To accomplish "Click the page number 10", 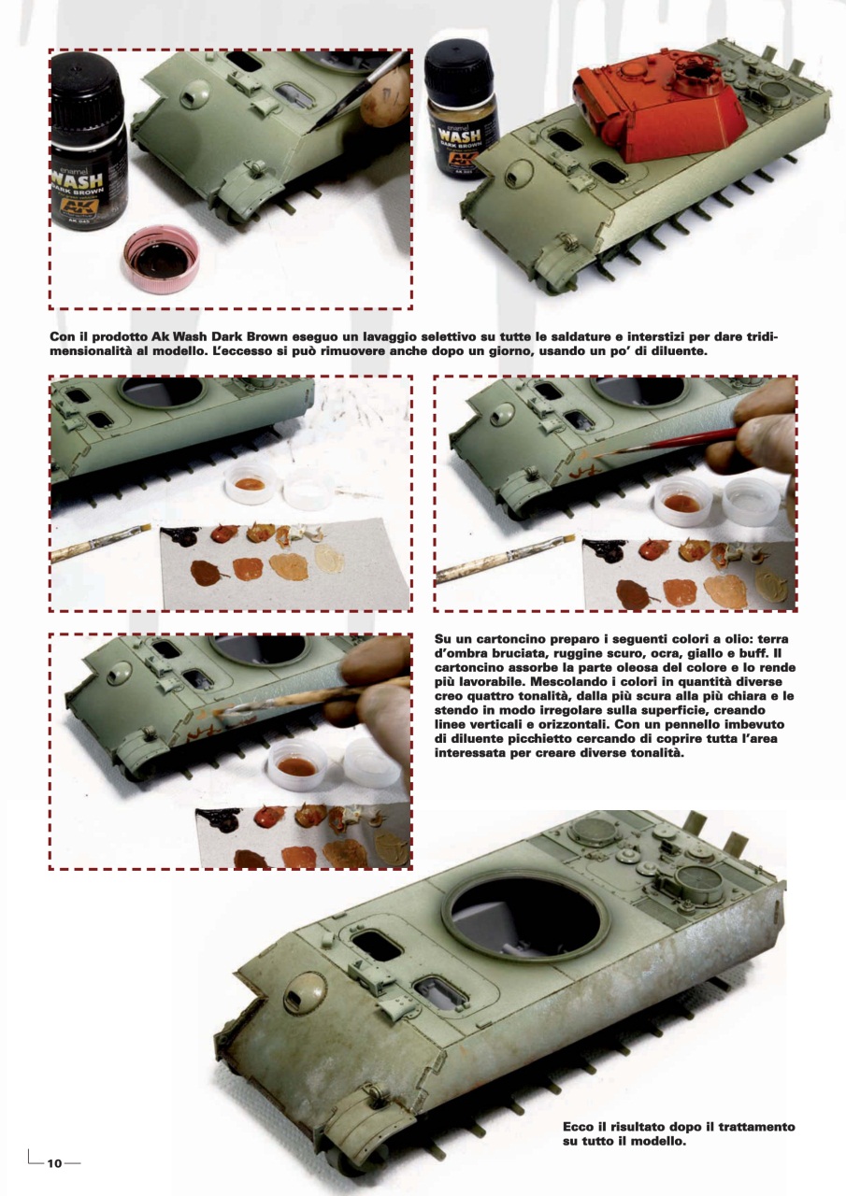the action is (x=55, y=1160).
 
